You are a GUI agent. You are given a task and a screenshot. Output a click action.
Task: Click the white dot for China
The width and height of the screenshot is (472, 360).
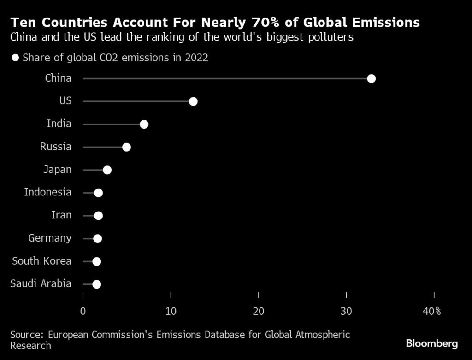(x=371, y=78)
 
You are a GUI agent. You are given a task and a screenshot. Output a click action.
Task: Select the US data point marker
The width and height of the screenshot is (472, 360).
(x=193, y=101)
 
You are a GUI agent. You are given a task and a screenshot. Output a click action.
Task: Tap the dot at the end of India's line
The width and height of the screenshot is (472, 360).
(x=144, y=124)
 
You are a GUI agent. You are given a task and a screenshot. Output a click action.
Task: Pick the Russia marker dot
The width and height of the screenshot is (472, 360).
(x=126, y=147)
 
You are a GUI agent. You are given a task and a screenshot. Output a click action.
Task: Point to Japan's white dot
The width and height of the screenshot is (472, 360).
(x=107, y=170)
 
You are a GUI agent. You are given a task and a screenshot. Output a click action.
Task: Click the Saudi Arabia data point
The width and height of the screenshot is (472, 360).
(x=96, y=284)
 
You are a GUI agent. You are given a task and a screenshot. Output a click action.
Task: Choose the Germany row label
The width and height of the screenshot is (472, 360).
(x=50, y=238)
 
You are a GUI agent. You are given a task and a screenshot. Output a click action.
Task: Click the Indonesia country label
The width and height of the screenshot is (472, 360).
(x=48, y=192)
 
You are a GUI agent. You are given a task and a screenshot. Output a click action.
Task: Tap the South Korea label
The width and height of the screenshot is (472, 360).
(x=42, y=261)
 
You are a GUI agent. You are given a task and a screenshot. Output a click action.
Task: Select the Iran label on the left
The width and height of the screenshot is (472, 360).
(x=62, y=215)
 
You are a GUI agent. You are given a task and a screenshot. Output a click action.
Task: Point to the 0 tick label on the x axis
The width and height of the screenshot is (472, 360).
(x=83, y=311)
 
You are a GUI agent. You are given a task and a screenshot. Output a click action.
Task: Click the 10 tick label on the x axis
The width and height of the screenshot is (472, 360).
(x=171, y=311)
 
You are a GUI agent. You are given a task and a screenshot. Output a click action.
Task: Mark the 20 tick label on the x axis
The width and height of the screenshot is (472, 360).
(x=259, y=311)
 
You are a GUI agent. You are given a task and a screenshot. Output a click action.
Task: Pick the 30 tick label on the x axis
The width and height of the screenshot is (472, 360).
(x=347, y=311)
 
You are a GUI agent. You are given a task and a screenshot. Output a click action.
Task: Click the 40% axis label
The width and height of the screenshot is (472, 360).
(x=432, y=311)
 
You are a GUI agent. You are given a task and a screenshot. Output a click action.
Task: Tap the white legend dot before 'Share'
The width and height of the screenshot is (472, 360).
(x=16, y=58)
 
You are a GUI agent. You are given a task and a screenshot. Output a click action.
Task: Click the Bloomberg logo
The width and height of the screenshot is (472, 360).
(x=432, y=343)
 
